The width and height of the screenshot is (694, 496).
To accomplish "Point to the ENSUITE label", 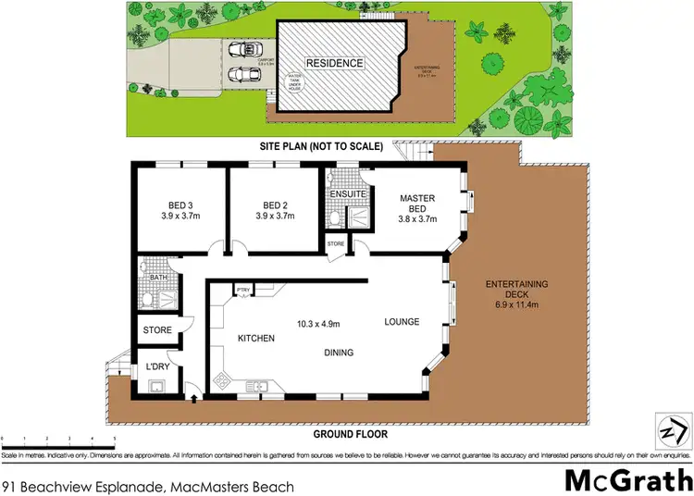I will [346, 195].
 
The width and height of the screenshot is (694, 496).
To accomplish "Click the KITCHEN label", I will [255, 339].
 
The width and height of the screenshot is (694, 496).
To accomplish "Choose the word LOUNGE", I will [402, 322].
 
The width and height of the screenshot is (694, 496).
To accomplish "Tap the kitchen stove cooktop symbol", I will [222, 380].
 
